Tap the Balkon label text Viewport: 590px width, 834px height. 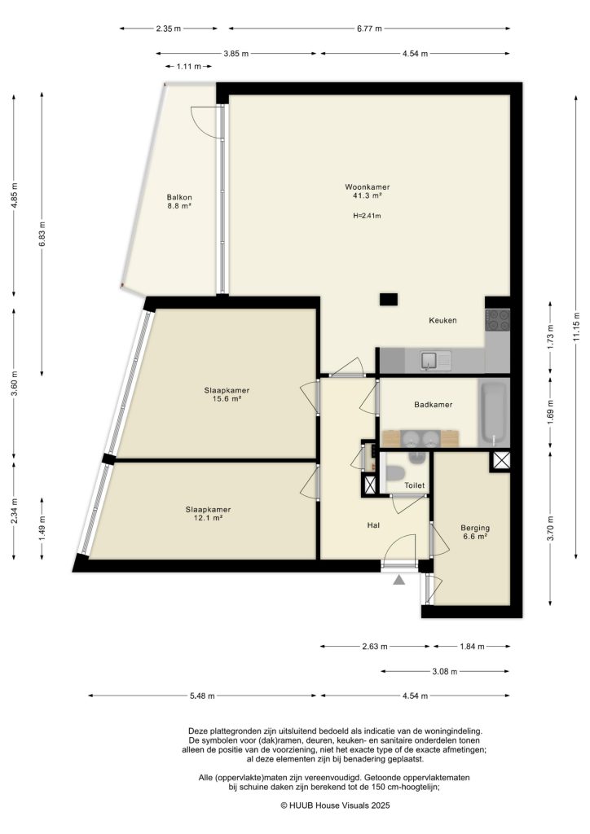click(179, 197)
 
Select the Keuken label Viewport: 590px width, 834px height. click(442, 320)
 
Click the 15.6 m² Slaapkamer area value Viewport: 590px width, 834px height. click(227, 399)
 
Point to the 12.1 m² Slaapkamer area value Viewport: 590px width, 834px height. click(204, 518)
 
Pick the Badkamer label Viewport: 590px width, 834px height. click(433, 404)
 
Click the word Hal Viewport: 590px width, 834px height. click(374, 525)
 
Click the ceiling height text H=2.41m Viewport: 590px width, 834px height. click(367, 216)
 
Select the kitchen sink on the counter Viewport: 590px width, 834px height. click(429, 359)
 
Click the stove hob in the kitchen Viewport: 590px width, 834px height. click(497, 319)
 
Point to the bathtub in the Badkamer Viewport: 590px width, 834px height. click(494, 412)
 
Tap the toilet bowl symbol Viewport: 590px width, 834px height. click(395, 473)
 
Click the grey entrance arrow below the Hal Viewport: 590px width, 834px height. click(399, 580)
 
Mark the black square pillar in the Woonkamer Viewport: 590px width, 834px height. click(389, 298)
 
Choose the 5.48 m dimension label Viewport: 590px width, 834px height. click(202, 696)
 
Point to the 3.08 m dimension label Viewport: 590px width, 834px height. click(446, 672)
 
